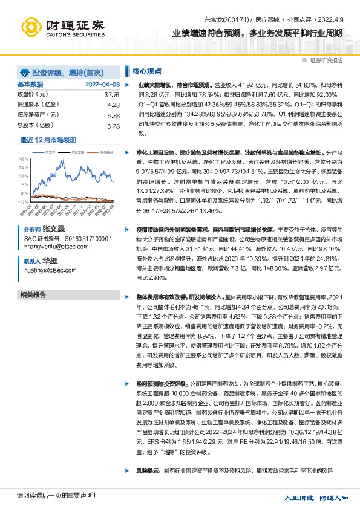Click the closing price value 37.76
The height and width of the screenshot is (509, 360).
pyautogui.click(x=113, y=95)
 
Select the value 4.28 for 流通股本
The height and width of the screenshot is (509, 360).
pyautogui.click(x=113, y=105)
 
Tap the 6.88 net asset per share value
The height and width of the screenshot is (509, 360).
pyautogui.click(x=113, y=115)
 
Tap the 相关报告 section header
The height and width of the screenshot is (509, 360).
pyautogui.click(x=33, y=295)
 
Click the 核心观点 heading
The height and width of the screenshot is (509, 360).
pyautogui.click(x=146, y=70)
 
